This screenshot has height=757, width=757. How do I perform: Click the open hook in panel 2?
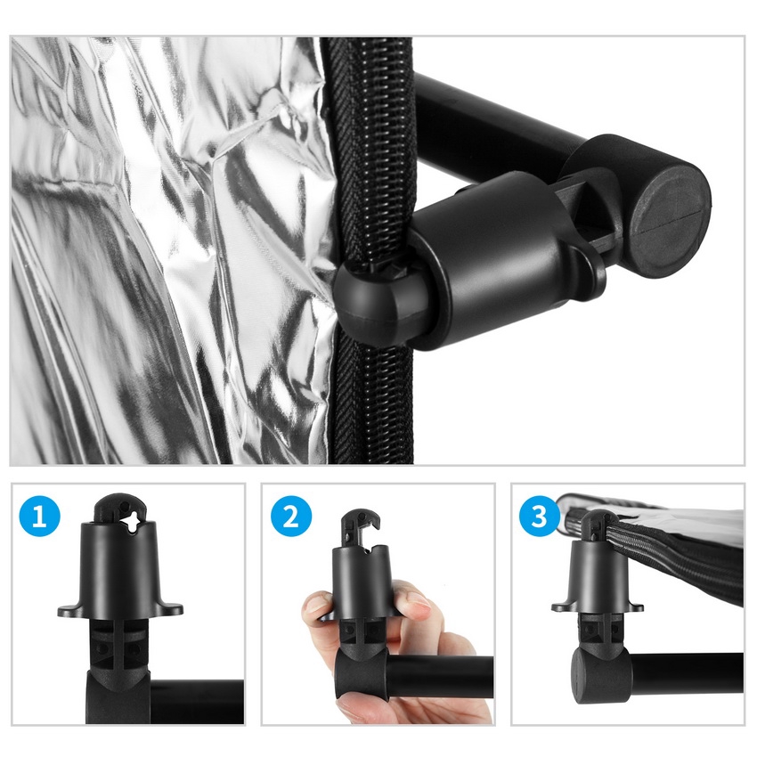[x=361, y=528]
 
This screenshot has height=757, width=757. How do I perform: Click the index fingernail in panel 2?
[x=418, y=602]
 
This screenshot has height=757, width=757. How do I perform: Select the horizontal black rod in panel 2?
[x=439, y=676]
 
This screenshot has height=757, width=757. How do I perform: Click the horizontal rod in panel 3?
[x=686, y=674]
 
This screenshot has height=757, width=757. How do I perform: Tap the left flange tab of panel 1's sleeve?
[x=68, y=611]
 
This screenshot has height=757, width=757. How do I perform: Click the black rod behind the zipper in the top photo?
[x=502, y=121]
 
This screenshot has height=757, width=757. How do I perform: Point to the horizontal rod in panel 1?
[x=197, y=702]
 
